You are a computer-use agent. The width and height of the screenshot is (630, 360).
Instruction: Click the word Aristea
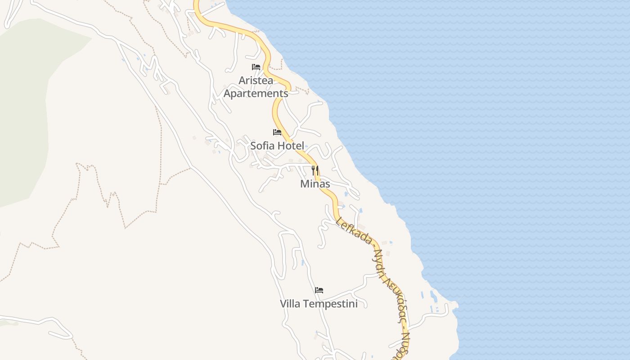256,81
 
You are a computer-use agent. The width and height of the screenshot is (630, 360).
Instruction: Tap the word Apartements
256,94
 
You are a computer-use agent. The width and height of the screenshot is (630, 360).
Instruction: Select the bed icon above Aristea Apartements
256,67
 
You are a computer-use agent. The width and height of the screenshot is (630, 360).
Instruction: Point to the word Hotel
291,146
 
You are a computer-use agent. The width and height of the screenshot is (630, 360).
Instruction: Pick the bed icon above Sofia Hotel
277,132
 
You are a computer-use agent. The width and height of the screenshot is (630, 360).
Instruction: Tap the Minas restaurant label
315,184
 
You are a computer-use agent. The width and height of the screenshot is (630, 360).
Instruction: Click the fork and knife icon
315,171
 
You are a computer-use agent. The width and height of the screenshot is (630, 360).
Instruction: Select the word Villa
290,304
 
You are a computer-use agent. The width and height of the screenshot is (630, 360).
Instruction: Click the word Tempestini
330,304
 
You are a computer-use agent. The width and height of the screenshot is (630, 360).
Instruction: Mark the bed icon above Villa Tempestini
319,290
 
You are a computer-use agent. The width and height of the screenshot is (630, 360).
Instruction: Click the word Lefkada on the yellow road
354,231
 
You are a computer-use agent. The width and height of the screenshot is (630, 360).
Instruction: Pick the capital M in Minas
304,184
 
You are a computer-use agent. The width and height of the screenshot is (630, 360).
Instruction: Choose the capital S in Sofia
253,146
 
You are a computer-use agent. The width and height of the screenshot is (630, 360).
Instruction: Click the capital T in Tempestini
306,304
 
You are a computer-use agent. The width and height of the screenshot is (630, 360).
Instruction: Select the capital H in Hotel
282,146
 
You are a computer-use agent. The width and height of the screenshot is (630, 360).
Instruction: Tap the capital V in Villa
283,304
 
